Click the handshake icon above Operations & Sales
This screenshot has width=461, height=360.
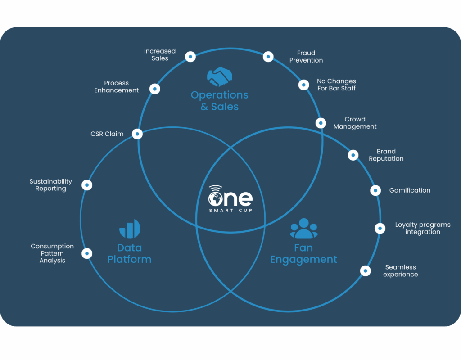(220, 77)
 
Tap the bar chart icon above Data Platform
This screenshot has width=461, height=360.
(130, 229)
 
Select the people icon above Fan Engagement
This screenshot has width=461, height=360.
(304, 228)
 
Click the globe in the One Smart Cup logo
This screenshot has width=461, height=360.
(216, 199)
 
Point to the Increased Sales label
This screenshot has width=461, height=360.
(160, 54)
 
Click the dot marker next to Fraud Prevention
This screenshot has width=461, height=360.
(268, 57)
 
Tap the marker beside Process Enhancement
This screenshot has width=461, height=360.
(155, 89)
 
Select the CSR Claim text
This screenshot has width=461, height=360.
(107, 134)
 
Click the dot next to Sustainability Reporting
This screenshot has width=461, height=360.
(87, 185)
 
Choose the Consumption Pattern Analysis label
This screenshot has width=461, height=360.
(52, 253)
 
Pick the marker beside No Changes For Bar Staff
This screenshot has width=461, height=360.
(304, 85)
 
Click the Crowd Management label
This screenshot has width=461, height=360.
(355, 123)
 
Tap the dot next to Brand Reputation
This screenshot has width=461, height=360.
(353, 155)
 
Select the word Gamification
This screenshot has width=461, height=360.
(410, 190)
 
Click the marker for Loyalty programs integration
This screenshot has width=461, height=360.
(380, 228)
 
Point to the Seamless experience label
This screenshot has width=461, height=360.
(400, 270)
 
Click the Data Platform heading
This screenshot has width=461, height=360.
(129, 254)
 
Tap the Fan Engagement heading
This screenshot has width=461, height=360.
(303, 254)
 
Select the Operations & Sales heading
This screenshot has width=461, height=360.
(220, 100)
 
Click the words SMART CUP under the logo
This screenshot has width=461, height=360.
(231, 211)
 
